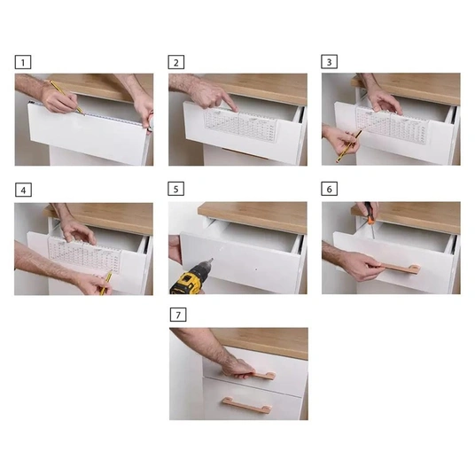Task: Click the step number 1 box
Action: pyautogui.click(x=23, y=62)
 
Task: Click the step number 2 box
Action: pyautogui.click(x=176, y=62)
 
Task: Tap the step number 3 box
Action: pyautogui.click(x=330, y=62)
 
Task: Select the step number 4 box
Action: pyautogui.click(x=23, y=190)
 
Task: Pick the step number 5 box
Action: pyautogui.click(x=176, y=189)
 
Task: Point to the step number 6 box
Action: pyautogui.click(x=330, y=189)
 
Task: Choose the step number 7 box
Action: pyautogui.click(x=178, y=315)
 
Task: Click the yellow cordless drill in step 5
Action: pyautogui.click(x=189, y=278)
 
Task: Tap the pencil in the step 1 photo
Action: pyautogui.click(x=66, y=97)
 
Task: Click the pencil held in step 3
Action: pyautogui.click(x=348, y=146)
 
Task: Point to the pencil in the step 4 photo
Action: pyautogui.click(x=105, y=283)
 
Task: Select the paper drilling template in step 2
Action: pyautogui.click(x=240, y=124)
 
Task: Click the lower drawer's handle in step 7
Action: pyautogui.click(x=245, y=405)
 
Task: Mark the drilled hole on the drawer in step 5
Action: pyautogui.click(x=257, y=269)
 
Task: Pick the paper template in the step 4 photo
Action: pyautogui.click(x=85, y=253)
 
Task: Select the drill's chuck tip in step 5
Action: pyautogui.click(x=211, y=261)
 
